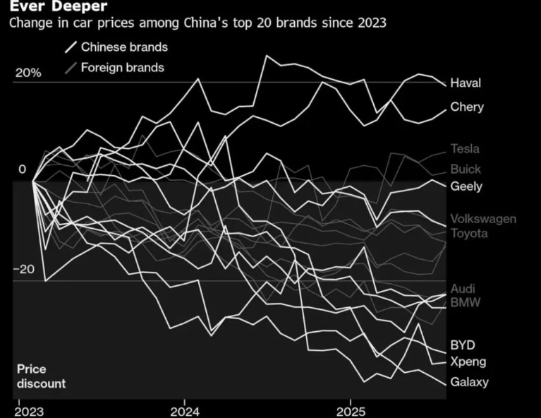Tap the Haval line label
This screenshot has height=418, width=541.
[466, 83]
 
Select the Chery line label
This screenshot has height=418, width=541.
[467, 107]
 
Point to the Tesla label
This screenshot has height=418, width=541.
[465, 149]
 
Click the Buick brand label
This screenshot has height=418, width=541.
[466, 169]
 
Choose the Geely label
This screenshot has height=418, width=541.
[466, 186]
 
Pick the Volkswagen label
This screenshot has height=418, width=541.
[483, 219]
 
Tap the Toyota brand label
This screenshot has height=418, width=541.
[469, 234]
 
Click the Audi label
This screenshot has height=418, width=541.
[463, 289]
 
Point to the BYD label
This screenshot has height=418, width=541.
[463, 345]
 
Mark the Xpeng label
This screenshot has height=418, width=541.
[468, 362]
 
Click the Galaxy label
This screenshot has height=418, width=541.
[469, 383]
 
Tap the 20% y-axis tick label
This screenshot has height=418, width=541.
[28, 73]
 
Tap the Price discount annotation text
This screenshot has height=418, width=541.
[42, 376]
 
